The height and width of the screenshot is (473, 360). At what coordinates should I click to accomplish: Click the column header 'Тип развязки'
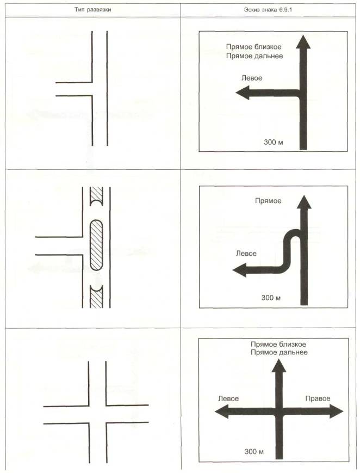93,10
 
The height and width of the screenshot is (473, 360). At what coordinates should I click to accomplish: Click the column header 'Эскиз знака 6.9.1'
268,10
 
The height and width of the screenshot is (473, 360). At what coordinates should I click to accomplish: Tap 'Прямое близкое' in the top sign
253,47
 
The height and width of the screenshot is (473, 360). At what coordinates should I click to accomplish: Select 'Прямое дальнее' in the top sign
255,56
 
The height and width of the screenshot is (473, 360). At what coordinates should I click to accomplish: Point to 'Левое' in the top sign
252,78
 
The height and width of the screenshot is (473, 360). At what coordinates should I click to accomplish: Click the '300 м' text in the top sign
273,142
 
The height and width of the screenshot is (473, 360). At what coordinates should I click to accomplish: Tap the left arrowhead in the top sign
242,93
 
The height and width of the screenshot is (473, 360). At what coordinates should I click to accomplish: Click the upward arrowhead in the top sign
303,41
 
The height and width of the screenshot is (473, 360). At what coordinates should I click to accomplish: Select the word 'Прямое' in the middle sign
268,201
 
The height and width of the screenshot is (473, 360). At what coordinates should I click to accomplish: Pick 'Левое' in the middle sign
246,254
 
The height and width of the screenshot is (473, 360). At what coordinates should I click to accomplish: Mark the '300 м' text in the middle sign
271,297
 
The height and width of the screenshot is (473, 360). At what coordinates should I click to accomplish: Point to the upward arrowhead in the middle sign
304,202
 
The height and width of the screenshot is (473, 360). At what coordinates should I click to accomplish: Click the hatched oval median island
96,244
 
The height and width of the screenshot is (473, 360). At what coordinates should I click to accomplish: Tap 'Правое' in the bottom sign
318,398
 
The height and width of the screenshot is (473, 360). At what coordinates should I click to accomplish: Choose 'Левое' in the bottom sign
228,398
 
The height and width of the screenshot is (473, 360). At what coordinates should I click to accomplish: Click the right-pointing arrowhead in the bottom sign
337,411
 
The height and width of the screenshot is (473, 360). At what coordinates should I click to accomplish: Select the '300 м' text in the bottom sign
254,452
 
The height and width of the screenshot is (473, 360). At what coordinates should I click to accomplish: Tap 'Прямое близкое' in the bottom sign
278,344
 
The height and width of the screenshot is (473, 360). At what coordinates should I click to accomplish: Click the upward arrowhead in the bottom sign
279,366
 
